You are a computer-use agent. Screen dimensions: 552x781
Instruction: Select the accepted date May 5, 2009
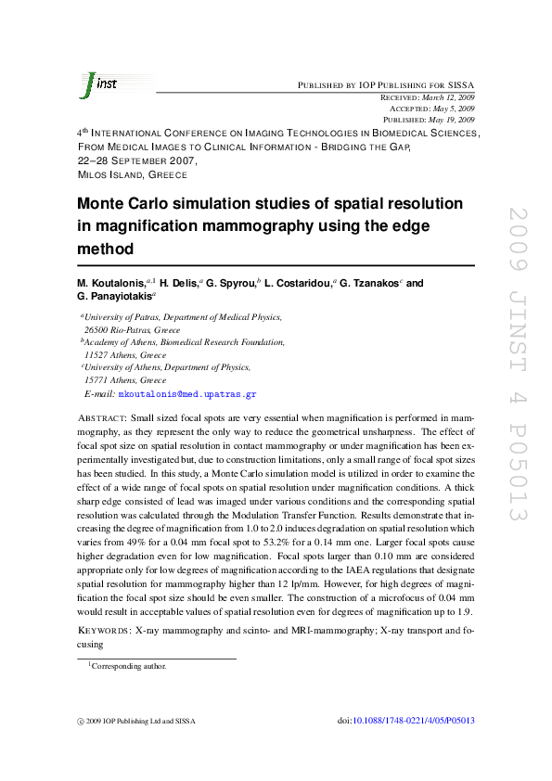coord(454,109)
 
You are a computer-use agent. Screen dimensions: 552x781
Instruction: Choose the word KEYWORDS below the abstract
coord(102,631)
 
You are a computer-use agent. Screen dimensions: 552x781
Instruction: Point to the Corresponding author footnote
coord(129,666)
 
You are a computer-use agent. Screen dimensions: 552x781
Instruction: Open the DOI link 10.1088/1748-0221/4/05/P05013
coord(416,720)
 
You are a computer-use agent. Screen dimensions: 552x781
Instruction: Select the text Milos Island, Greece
coord(132,174)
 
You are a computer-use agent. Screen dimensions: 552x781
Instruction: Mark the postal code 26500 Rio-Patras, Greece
coord(133,330)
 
